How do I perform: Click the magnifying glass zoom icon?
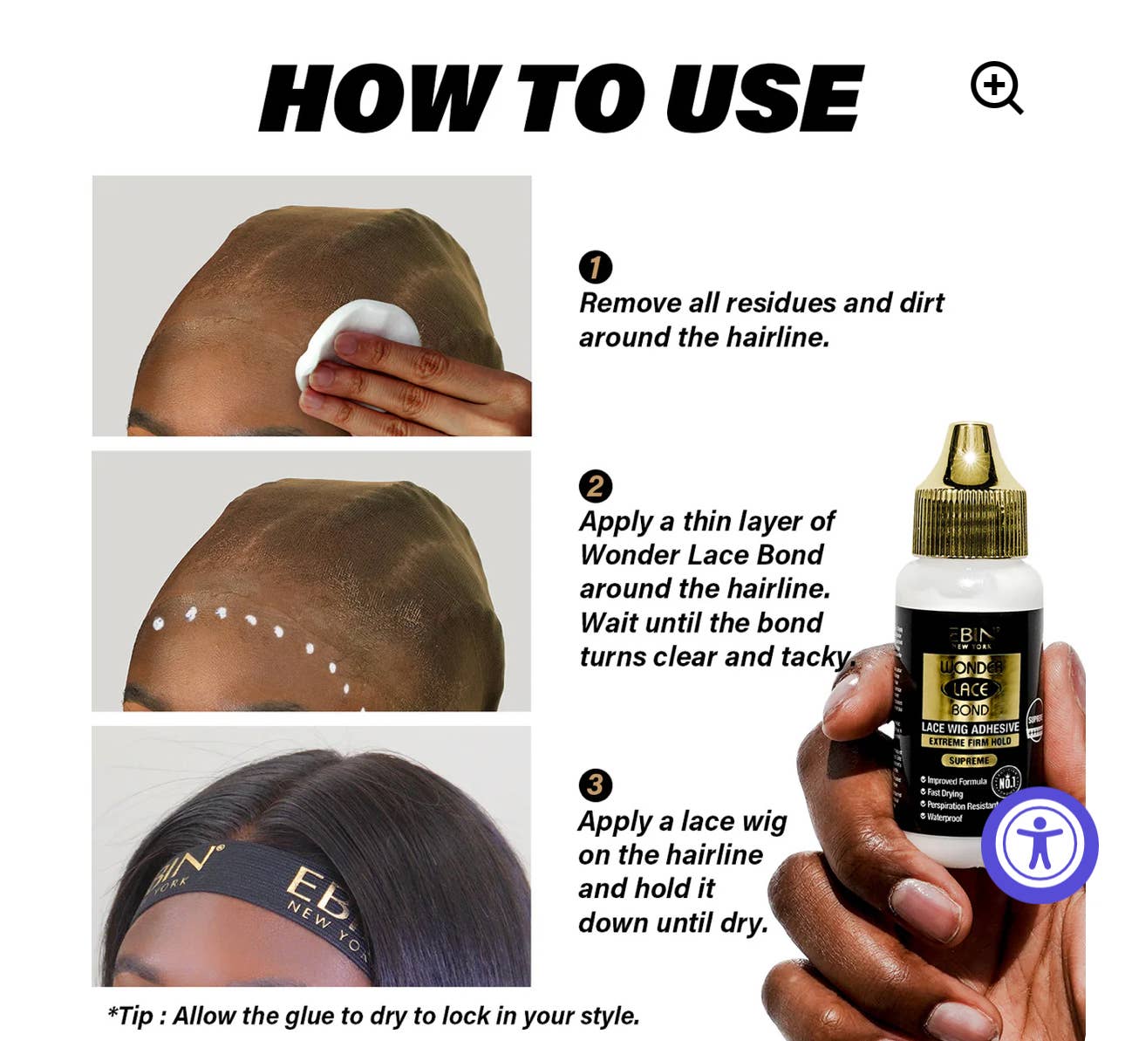tap(995, 87)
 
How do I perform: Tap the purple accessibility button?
tap(1039, 845)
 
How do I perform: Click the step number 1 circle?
tap(596, 267)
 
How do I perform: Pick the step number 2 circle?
tap(596, 486)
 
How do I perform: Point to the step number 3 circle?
tap(596, 784)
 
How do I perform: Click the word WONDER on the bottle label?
tap(970, 668)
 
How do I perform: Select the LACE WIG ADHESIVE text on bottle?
tap(970, 728)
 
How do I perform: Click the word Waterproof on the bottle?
tap(944, 818)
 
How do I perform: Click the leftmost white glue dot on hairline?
tap(158, 623)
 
